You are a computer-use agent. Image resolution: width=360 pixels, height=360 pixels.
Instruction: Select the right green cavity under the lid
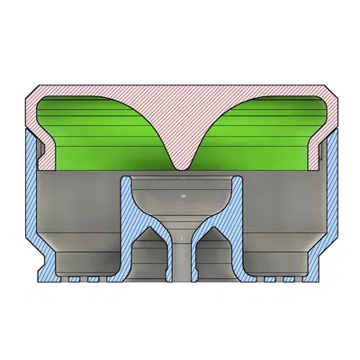[261, 135]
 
